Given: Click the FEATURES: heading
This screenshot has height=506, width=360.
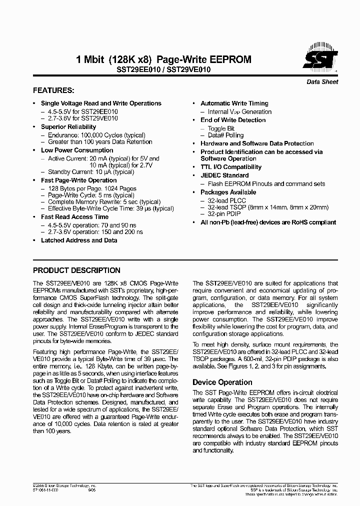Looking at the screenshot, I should point(53,90).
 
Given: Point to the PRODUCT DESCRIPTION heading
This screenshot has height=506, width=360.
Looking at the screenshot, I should point(76,270).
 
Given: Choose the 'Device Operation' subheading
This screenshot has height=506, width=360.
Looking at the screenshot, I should point(219,382).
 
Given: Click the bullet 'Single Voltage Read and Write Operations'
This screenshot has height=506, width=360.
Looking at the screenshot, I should point(101,103).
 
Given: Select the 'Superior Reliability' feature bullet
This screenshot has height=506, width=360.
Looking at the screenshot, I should point(68,127).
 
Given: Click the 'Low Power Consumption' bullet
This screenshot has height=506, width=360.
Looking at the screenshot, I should point(77,150).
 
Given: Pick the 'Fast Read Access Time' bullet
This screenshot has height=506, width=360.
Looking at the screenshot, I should point(74,217).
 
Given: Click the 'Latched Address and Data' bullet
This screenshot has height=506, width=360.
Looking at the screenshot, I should point(79,240).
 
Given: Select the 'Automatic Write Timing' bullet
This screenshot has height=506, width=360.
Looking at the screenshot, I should point(234,103).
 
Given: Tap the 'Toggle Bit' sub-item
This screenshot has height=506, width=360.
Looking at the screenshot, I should point(220,128).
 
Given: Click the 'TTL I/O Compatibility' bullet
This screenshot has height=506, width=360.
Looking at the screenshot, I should point(231,167).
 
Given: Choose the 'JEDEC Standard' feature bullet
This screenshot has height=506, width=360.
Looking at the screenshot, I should point(224,175).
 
